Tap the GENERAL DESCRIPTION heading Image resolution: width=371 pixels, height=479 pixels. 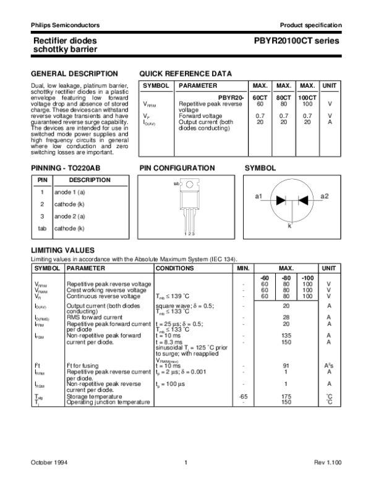[66, 73]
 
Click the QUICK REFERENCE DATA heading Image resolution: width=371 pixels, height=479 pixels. [185, 73]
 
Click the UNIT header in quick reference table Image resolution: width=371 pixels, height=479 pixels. [330, 86]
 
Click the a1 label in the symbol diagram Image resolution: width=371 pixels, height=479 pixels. [259, 196]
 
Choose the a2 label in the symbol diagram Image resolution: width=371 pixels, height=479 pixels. [325, 196]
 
